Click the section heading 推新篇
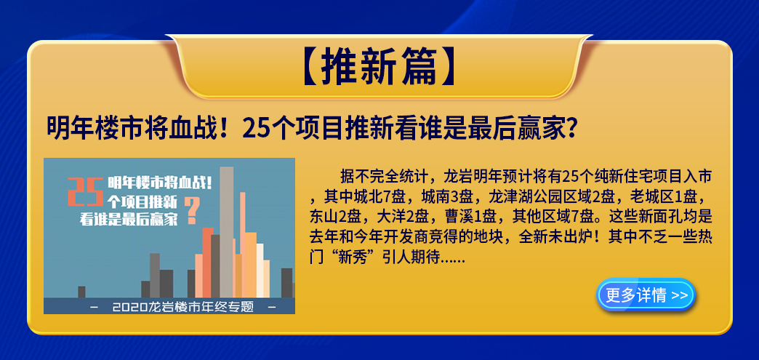(x=379, y=68)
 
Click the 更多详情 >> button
(x=646, y=295)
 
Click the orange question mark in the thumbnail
(x=193, y=209)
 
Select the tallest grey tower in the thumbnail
(x=226, y=232)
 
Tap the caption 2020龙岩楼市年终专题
(x=182, y=307)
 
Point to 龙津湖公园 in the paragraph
(x=522, y=197)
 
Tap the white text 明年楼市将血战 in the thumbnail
(x=158, y=183)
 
